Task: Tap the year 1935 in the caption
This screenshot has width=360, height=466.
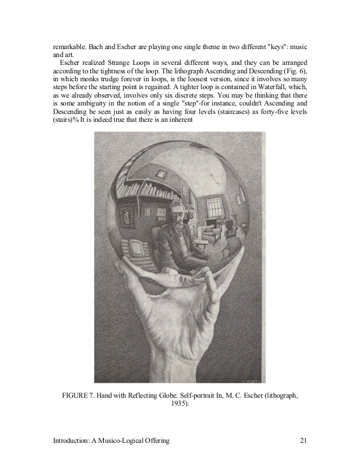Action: point(178,405)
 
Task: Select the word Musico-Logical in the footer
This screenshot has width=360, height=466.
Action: point(117,440)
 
